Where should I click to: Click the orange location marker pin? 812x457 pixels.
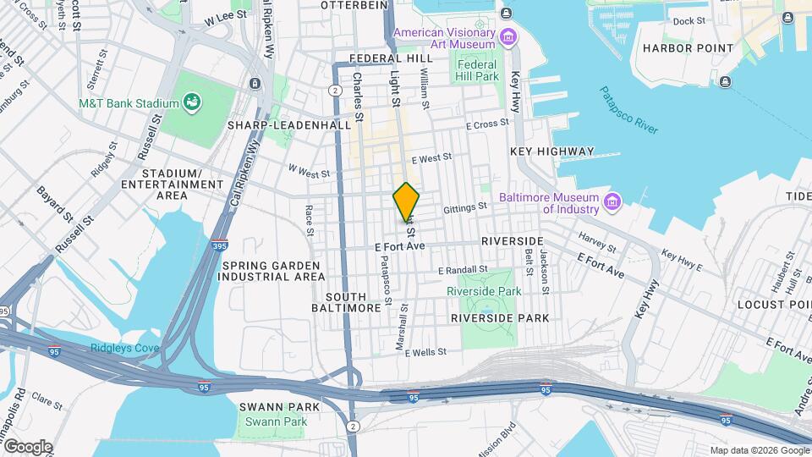coord(407,202)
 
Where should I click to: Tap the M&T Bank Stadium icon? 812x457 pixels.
coord(193,103)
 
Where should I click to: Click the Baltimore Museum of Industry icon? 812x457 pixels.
coord(612,202)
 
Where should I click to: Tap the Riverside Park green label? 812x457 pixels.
coord(484,290)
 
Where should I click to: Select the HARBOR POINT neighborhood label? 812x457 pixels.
coord(688,48)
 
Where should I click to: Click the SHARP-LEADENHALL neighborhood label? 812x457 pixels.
coord(288,124)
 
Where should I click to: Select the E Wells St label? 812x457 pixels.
coord(425,353)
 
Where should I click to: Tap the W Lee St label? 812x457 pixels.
coord(227,14)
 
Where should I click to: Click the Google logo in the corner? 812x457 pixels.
coord(27,446)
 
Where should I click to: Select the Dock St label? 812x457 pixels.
coord(689,21)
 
